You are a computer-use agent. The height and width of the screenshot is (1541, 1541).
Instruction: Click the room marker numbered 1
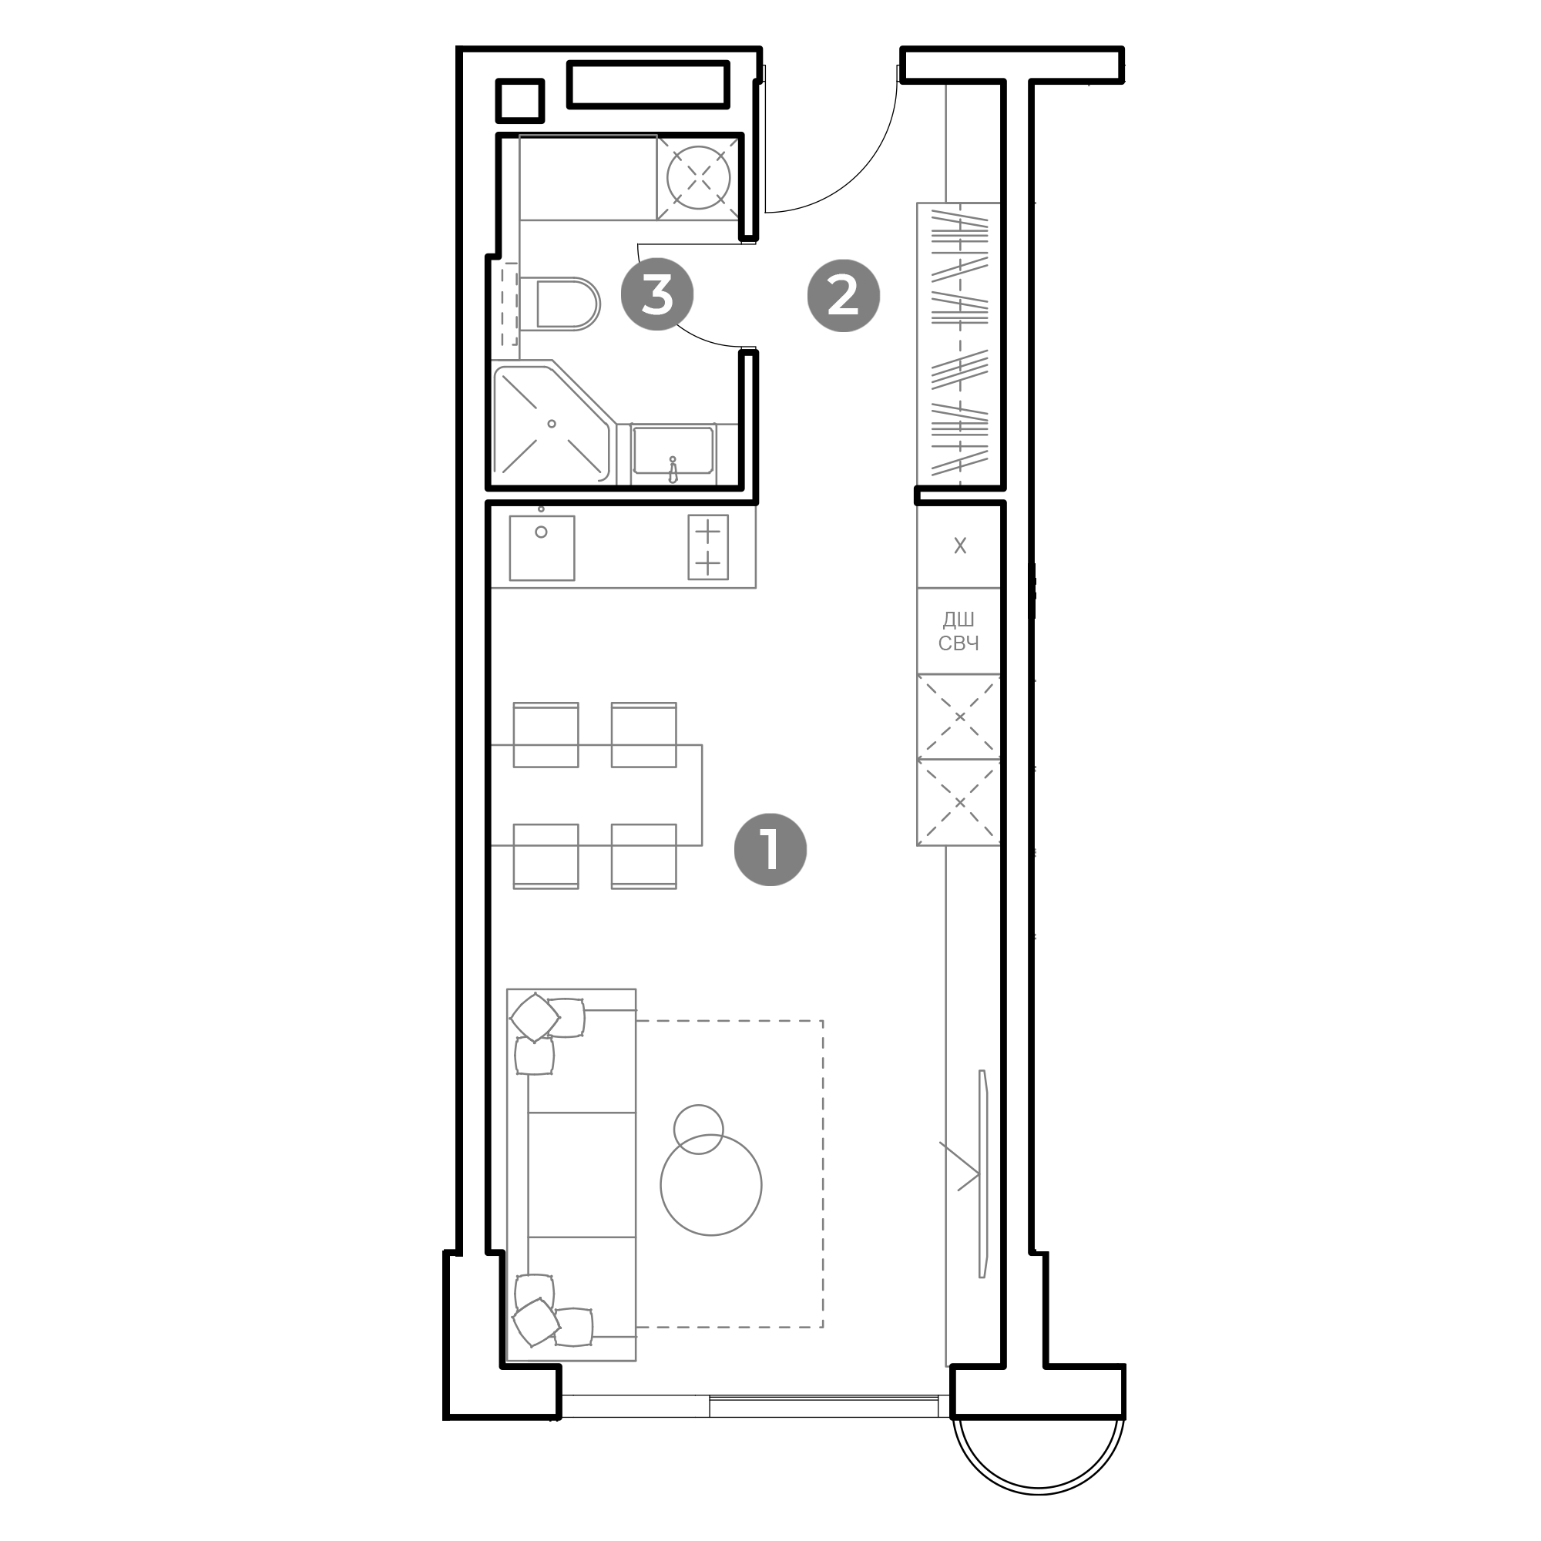[770, 849]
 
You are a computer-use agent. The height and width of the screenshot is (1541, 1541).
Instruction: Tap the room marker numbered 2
[843, 295]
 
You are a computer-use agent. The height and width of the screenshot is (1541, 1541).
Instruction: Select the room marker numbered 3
[657, 294]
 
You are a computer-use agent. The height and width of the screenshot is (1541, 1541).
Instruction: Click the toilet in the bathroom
[559, 304]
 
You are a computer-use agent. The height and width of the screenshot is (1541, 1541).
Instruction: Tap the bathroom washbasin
[673, 452]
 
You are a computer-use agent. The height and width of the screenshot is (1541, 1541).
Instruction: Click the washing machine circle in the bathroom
[699, 177]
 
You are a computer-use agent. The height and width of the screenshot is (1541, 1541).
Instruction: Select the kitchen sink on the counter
[542, 548]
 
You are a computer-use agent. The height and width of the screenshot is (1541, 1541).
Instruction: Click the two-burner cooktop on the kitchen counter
[707, 547]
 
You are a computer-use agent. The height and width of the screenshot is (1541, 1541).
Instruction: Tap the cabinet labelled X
[959, 546]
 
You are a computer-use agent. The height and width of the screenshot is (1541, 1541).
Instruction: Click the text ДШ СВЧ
[959, 632]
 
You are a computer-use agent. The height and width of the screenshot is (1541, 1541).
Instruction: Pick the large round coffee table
[710, 1184]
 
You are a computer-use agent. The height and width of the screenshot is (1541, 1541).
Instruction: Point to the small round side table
[698, 1129]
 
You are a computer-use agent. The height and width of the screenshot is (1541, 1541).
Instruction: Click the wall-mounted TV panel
[983, 1173]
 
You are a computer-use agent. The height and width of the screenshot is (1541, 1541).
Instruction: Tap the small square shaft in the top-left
[519, 100]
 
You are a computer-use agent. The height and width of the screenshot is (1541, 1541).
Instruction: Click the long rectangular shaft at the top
[648, 85]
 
